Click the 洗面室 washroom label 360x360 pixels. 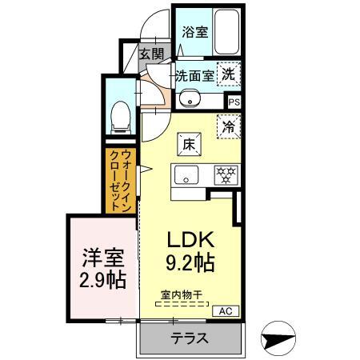click(x=195, y=76)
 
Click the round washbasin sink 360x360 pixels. click(x=189, y=99)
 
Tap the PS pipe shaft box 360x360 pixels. click(x=234, y=102)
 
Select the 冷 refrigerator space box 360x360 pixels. click(x=228, y=126)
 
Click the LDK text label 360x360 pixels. click(x=189, y=240)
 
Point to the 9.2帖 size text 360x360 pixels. click(x=189, y=261)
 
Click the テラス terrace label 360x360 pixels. click(x=190, y=338)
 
